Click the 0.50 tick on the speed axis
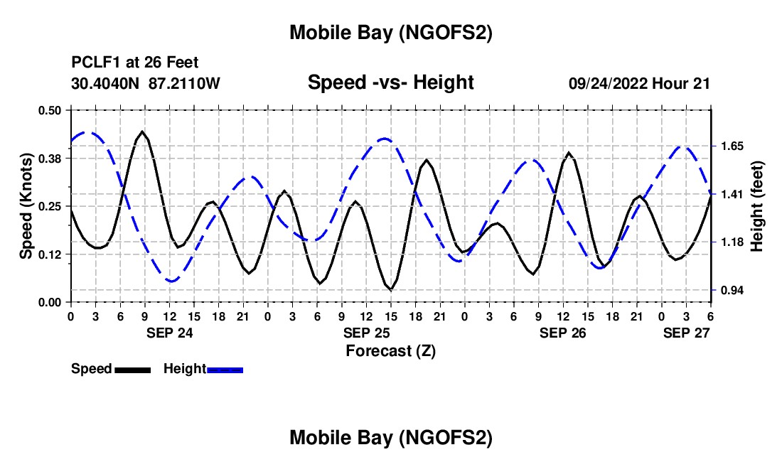point(53,110)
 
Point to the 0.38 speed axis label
point(53,158)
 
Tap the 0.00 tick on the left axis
point(53,302)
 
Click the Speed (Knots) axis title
point(26,206)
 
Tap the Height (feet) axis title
point(756,206)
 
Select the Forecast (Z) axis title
point(390,350)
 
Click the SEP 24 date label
point(169,333)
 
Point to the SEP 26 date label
point(563,333)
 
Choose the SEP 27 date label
point(687,333)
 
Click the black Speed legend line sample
point(132,370)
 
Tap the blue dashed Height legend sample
point(225,370)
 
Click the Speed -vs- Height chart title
point(390,82)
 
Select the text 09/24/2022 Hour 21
point(639,84)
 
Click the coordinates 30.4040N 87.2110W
point(146,84)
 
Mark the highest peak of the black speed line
point(143,131)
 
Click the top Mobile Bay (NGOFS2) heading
point(390,32)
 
